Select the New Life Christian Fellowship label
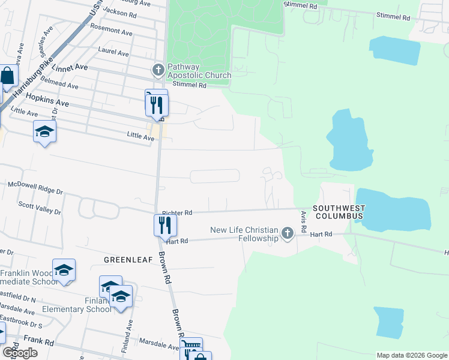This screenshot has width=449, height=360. click(x=244, y=234)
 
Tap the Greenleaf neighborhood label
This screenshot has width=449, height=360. click(x=126, y=260)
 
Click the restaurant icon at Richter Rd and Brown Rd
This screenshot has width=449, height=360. click(x=164, y=225)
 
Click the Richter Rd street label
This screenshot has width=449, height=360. click(x=177, y=213)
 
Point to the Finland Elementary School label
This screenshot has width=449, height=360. click(x=77, y=305)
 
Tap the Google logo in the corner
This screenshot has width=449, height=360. click(x=20, y=353)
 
